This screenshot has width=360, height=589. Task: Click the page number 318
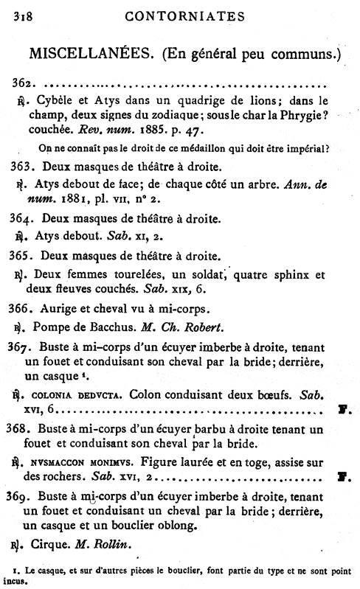[x=16, y=16]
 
